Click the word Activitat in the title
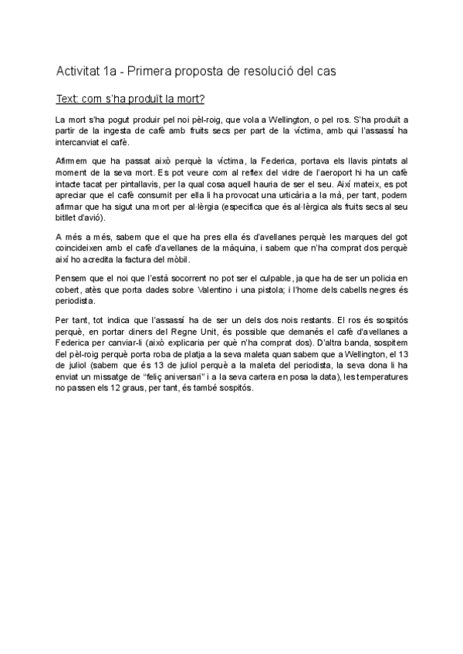click(x=77, y=72)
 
